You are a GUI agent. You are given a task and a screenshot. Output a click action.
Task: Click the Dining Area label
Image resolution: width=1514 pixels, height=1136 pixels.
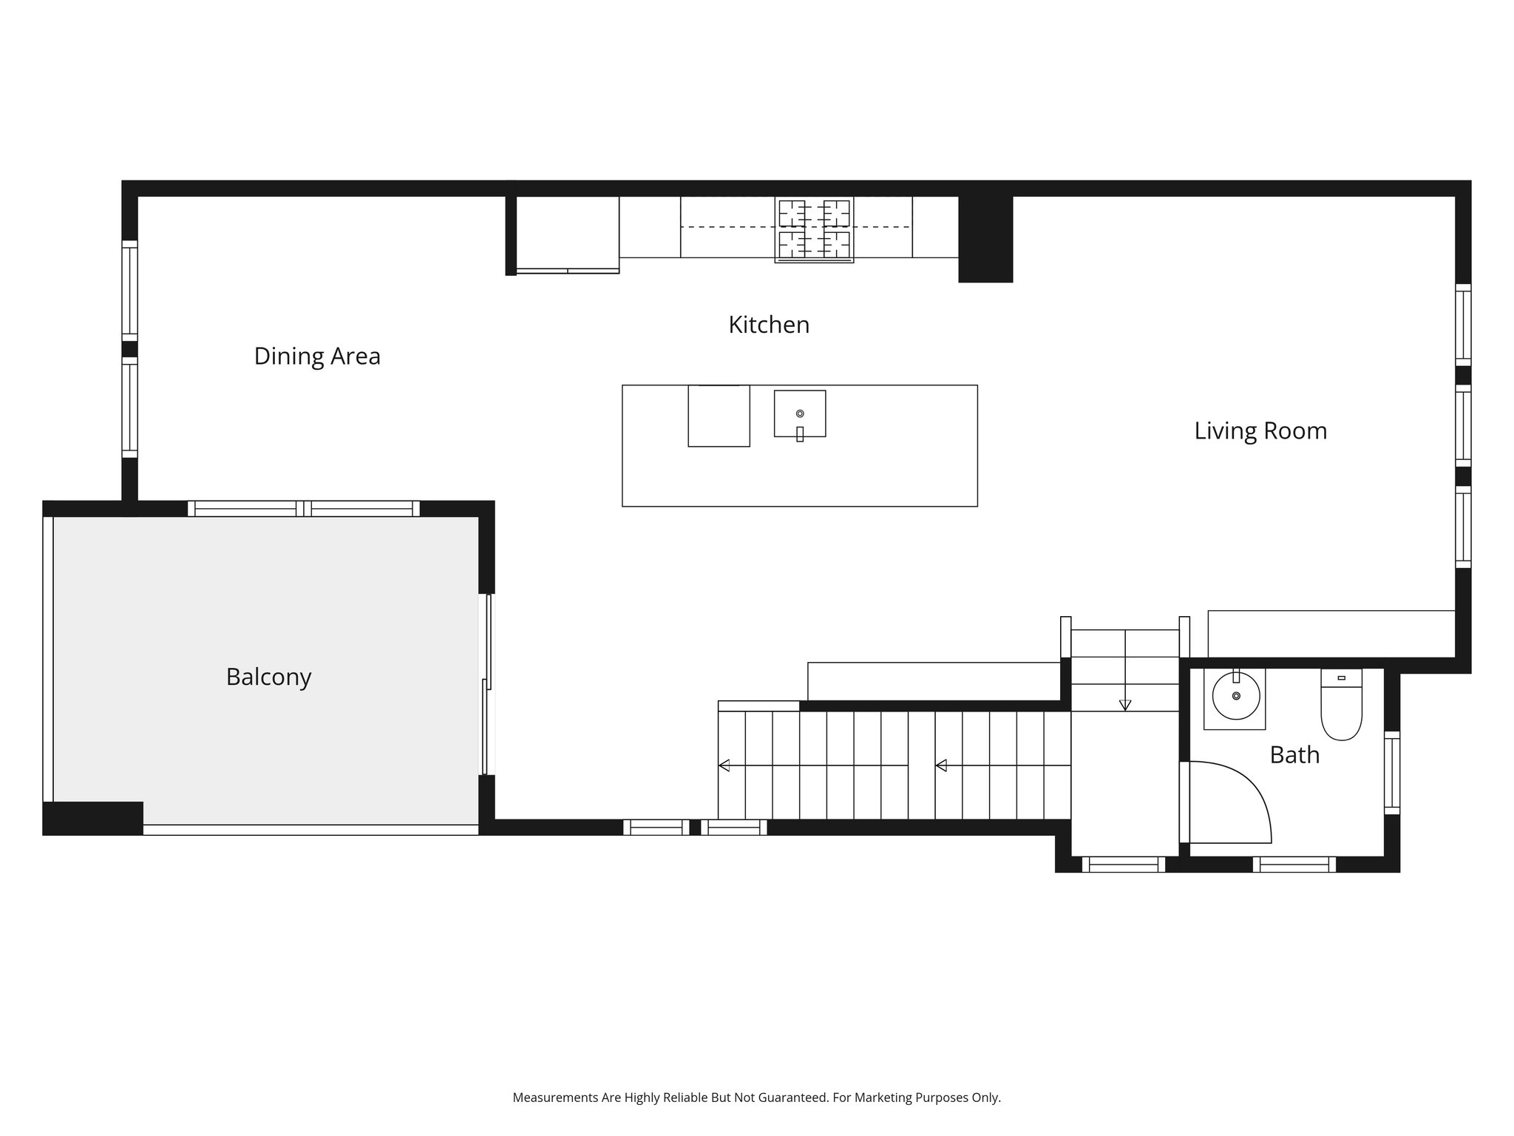click(x=316, y=356)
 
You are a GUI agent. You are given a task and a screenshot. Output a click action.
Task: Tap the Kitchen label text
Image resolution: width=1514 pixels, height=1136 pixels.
click(x=768, y=325)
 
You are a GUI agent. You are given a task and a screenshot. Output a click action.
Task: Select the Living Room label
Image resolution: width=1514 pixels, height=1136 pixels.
click(x=1260, y=431)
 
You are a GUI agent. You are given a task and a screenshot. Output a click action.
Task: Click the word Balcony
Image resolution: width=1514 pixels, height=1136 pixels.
click(x=268, y=677)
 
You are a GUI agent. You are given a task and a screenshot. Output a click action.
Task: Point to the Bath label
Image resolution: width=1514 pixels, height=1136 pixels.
click(x=1294, y=755)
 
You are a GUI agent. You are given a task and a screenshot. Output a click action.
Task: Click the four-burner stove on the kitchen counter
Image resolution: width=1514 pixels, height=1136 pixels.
click(x=814, y=229)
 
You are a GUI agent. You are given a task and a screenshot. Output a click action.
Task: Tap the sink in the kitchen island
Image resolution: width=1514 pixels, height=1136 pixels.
click(x=799, y=414)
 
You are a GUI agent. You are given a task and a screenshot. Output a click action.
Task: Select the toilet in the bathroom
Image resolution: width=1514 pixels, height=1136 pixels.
click(x=1341, y=706)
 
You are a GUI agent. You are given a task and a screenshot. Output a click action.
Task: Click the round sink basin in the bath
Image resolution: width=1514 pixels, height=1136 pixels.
click(x=1235, y=696)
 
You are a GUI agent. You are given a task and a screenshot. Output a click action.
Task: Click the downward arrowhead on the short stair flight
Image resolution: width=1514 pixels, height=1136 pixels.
click(x=1124, y=706)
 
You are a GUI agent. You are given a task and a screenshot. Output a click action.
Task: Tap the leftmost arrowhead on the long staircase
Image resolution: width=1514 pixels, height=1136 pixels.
click(x=724, y=765)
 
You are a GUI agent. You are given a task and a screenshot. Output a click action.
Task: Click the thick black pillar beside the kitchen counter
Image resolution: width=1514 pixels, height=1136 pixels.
click(x=985, y=239)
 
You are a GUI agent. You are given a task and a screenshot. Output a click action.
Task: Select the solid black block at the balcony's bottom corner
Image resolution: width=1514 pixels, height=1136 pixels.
click(x=92, y=818)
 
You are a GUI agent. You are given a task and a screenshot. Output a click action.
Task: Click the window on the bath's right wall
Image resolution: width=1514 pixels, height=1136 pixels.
click(x=1391, y=773)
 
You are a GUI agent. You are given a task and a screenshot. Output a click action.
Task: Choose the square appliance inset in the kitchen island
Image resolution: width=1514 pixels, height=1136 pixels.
click(x=719, y=416)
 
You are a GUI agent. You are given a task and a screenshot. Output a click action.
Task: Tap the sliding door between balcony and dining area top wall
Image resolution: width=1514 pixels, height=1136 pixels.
click(x=303, y=509)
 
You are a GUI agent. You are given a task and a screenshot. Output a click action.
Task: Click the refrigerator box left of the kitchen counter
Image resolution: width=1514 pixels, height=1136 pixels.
click(x=567, y=233)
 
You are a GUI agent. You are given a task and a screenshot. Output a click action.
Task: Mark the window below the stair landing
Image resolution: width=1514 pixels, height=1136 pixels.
click(x=1123, y=864)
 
